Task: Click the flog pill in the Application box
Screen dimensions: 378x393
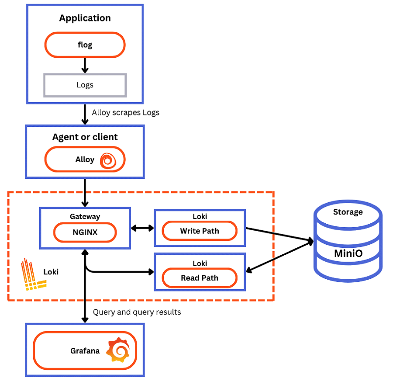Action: [85, 45]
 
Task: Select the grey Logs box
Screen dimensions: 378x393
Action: [85, 85]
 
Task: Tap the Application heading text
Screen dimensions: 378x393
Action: [85, 18]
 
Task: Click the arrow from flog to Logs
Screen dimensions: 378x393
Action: [85, 65]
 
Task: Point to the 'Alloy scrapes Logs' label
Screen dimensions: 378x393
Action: [126, 113]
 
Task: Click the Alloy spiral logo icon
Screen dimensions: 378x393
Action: [107, 160]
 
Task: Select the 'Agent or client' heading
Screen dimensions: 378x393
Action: [85, 137]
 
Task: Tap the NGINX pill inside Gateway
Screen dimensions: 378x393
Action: [85, 232]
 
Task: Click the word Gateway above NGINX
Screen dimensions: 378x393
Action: [85, 216]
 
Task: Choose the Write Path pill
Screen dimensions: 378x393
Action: [200, 231]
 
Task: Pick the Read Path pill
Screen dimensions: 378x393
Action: [200, 278]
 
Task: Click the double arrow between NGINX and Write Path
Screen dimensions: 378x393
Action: [142, 228]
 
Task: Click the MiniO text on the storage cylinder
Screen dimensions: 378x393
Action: [348, 253]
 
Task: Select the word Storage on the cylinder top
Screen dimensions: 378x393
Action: [348, 212]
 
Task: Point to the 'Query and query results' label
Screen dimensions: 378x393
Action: [137, 312]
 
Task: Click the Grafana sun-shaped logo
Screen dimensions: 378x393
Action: [117, 350]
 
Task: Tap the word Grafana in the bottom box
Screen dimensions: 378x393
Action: [85, 350]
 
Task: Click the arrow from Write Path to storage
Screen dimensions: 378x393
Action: [279, 234]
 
